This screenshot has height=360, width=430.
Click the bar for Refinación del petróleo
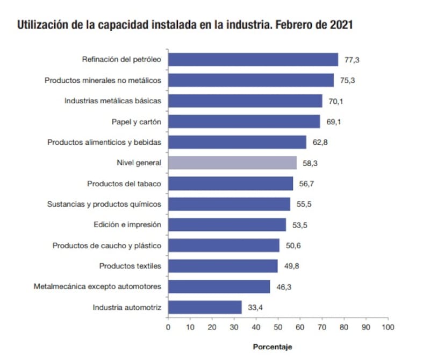tap(253, 59)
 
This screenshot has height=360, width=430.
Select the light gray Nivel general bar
tap(232, 163)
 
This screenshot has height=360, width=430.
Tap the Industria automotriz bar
tap(205, 307)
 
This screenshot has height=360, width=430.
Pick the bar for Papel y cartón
tap(243, 122)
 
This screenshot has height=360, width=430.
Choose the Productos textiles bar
tap(223, 266)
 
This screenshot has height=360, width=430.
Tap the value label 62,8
tap(319, 143)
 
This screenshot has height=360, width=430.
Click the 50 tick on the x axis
tap(278, 327)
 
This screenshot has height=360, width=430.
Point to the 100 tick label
tap(388, 327)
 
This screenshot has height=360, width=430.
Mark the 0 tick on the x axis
tap(168, 327)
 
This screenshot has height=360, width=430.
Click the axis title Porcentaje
tap(273, 346)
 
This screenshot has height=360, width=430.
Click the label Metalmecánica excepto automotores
tap(97, 287)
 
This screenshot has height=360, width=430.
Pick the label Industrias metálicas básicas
tap(113, 101)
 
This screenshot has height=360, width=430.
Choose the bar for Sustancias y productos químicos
tap(229, 204)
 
